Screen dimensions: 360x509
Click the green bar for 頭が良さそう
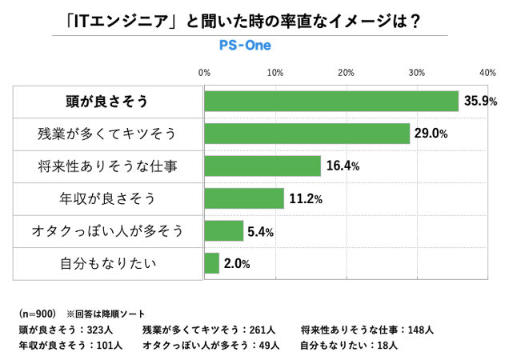(x=331, y=101)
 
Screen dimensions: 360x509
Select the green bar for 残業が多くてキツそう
(x=307, y=134)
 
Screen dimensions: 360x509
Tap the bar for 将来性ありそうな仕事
(x=263, y=166)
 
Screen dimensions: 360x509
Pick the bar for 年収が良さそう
(x=244, y=198)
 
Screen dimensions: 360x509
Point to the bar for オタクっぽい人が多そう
(x=224, y=231)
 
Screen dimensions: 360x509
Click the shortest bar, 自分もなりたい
(x=212, y=263)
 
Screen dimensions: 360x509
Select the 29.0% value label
(x=431, y=134)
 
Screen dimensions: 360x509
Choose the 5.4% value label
(x=262, y=232)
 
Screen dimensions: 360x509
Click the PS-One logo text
(x=245, y=45)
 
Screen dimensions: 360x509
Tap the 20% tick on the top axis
(x=346, y=73)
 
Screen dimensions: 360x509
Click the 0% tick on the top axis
(x=205, y=73)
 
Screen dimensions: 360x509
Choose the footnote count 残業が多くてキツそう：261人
(x=208, y=330)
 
